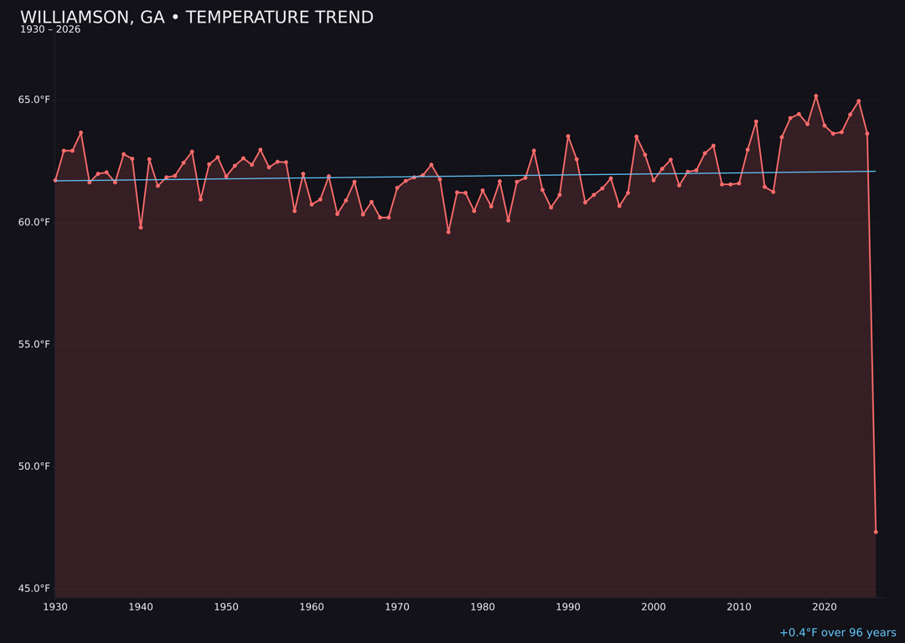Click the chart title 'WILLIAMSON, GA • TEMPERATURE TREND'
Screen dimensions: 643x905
click(x=197, y=18)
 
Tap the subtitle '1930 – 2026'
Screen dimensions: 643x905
click(x=50, y=30)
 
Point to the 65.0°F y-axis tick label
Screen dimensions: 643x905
click(x=34, y=100)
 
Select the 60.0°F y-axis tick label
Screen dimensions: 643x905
click(x=34, y=222)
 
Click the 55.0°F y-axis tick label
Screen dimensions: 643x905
click(x=34, y=344)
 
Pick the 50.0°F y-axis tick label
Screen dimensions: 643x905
click(x=34, y=466)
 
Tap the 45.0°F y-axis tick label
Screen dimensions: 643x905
click(x=34, y=589)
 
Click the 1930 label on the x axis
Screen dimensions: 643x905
click(x=55, y=607)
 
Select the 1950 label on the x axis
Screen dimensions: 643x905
click(x=226, y=607)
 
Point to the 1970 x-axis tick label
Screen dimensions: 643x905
click(x=397, y=607)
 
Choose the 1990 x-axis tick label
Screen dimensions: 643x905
click(x=568, y=607)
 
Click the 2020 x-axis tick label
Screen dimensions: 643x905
click(x=825, y=607)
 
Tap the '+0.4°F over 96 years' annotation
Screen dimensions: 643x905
click(x=837, y=633)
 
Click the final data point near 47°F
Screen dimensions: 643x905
click(x=876, y=532)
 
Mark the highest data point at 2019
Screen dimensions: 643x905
click(x=816, y=96)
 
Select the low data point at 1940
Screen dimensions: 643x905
click(x=141, y=227)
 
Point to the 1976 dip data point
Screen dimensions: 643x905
click(x=448, y=232)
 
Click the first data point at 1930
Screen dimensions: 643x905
click(x=55, y=180)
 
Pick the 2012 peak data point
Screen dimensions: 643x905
click(x=756, y=122)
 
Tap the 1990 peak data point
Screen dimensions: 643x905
click(x=568, y=136)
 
